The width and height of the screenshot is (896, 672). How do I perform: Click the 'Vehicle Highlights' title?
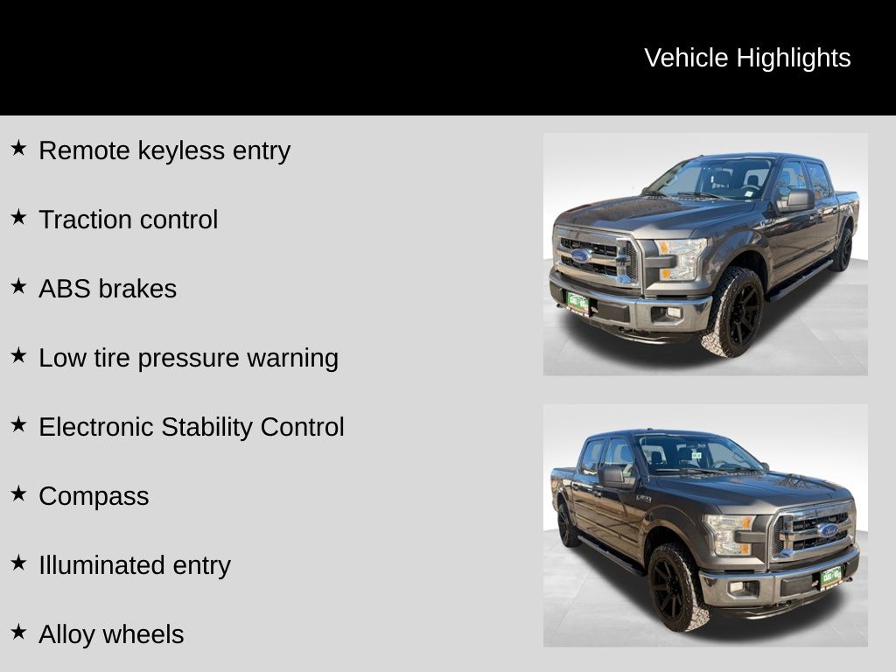click(747, 59)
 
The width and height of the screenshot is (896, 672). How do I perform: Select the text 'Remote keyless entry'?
click(164, 150)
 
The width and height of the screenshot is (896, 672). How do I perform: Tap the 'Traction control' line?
click(129, 220)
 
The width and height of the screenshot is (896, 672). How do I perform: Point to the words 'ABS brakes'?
click(108, 289)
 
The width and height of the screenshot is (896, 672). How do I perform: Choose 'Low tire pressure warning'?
click(189, 358)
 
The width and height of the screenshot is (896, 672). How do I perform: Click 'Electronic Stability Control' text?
click(192, 427)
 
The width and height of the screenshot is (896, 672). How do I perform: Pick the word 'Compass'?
click(94, 497)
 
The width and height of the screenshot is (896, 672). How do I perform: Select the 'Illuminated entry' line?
click(135, 565)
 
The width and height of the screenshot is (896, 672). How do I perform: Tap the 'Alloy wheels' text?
click(111, 634)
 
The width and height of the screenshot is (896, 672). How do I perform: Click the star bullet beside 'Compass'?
click(18, 493)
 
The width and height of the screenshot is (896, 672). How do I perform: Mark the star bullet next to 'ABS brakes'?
click(18, 286)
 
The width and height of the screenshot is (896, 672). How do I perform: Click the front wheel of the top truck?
click(734, 312)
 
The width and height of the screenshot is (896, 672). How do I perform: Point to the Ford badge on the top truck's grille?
click(581, 255)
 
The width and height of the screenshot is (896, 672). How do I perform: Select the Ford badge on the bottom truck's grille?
click(828, 530)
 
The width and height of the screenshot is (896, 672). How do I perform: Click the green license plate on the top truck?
click(577, 303)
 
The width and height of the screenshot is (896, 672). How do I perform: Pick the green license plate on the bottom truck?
click(831, 577)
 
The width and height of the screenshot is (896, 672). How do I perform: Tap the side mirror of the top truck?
click(795, 200)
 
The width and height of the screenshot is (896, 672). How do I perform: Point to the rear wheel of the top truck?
click(842, 248)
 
